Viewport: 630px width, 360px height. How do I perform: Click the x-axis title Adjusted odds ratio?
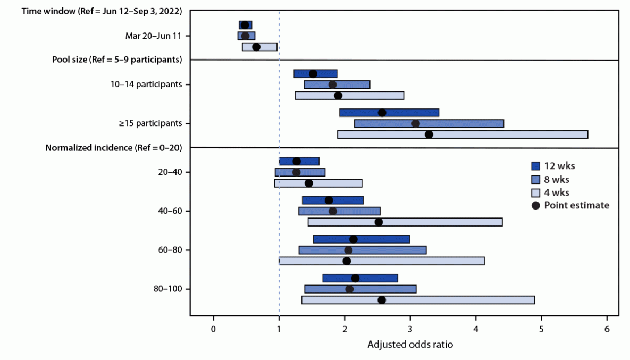coord(410,344)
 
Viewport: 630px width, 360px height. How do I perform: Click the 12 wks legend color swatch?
coord(536,165)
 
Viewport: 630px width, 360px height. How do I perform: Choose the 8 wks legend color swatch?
coord(536,179)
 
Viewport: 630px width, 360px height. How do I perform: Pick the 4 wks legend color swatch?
coord(536,192)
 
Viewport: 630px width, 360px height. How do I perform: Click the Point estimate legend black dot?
coord(536,205)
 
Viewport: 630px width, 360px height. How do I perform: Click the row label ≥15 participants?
coord(150,123)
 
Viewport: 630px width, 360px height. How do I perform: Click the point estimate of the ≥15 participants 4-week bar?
coord(429,135)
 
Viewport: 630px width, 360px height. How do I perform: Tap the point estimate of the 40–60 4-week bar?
coord(379,222)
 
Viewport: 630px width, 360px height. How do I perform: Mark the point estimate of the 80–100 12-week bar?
coord(355,278)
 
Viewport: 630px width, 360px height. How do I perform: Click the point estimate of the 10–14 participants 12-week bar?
coord(313,73)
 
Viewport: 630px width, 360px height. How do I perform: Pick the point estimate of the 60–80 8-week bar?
coord(348,250)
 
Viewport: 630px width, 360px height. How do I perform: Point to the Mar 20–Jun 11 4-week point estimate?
coord(256,47)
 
